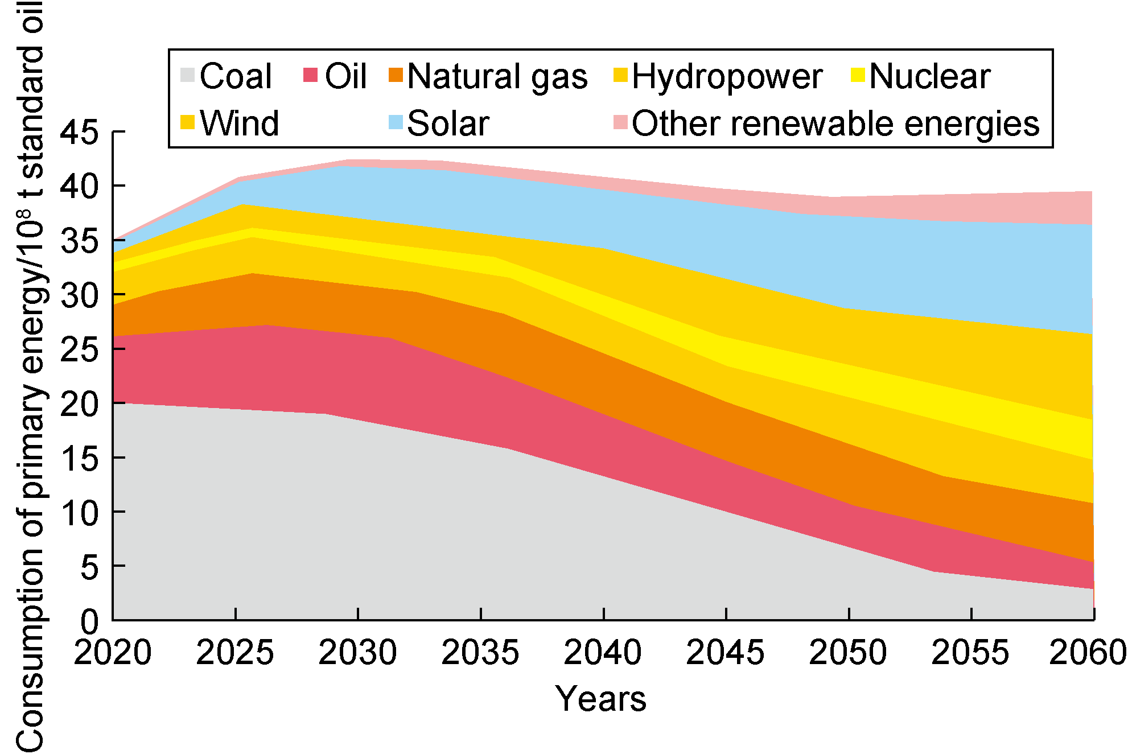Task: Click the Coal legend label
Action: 236,76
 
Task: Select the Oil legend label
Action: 345,76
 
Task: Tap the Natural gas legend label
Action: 497,76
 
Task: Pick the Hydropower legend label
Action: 727,76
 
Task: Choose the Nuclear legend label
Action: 930,76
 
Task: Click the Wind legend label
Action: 240,123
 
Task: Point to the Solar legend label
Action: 448,123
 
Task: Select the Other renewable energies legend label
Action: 835,123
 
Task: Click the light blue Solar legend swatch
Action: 396,122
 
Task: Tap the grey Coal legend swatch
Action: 187,75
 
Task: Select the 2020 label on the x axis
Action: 113,652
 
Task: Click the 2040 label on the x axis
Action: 603,652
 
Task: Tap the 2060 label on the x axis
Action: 1087,652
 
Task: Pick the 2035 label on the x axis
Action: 480,652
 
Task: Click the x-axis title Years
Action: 601,699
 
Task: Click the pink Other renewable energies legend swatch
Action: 620,122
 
